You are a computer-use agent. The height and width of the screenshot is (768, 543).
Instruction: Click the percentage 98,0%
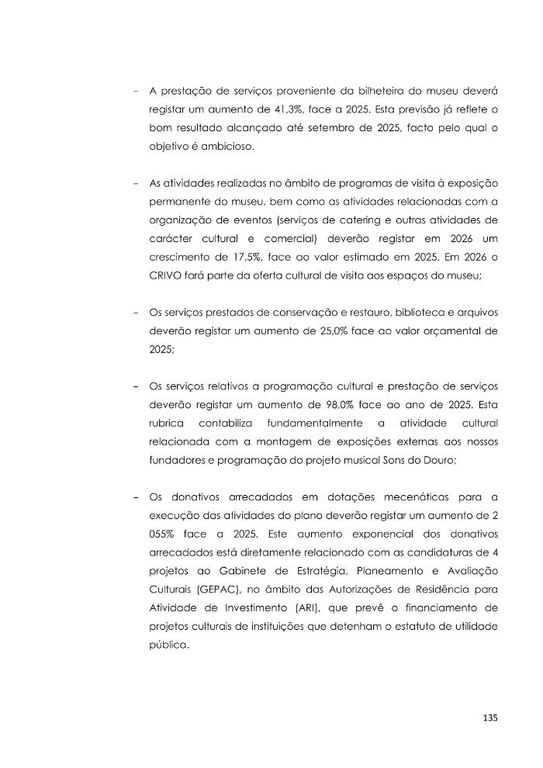point(336,406)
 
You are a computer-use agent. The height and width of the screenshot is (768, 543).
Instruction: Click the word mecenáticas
point(422,497)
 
